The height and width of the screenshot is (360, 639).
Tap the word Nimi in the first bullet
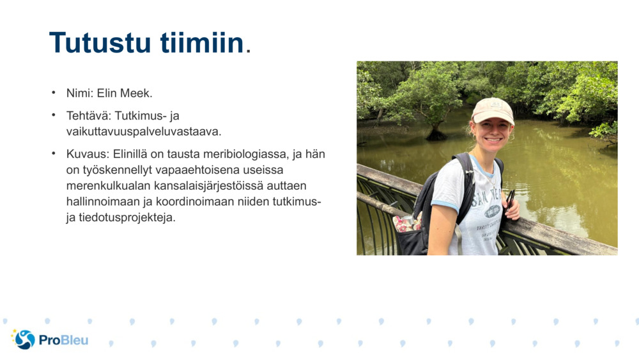[x=79, y=93]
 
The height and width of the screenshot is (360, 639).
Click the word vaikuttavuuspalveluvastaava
[x=144, y=131]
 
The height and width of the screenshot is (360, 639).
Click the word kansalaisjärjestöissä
[x=204, y=186]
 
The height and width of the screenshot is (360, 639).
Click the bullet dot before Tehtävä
[x=54, y=115]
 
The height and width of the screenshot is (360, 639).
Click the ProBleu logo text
[x=63, y=340]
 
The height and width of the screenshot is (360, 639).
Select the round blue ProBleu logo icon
[x=24, y=340]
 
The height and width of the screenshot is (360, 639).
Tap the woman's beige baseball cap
[x=492, y=110]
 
